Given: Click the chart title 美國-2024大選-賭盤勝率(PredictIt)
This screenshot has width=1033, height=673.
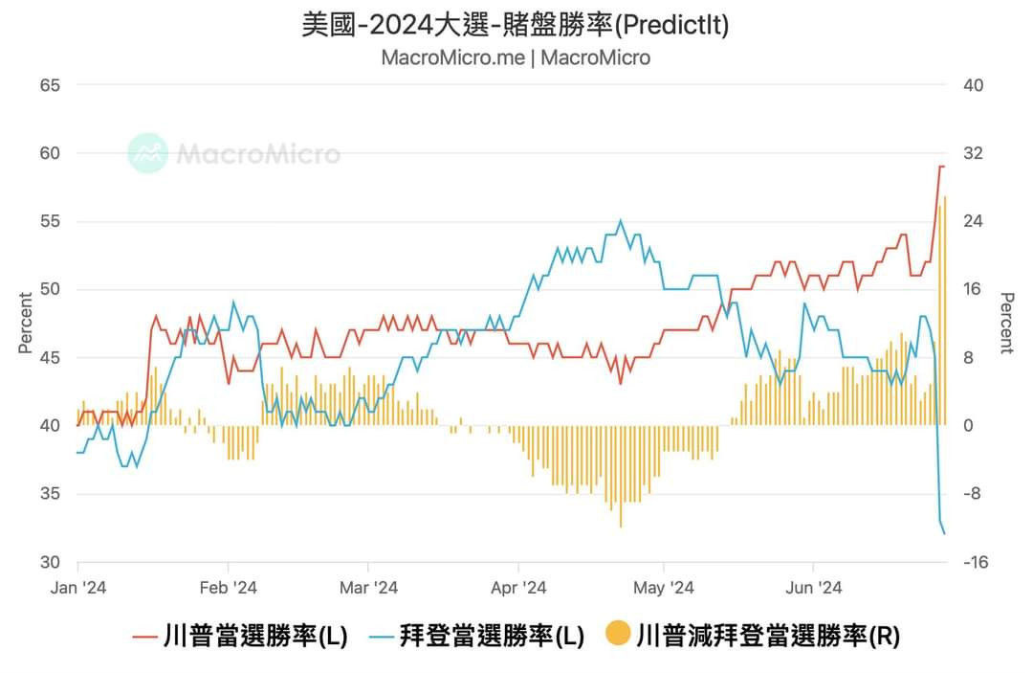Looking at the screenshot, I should click(516, 24).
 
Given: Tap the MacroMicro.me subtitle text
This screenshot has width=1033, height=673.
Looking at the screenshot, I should click(452, 57).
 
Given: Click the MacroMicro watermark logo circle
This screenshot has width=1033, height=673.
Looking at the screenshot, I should click(148, 153).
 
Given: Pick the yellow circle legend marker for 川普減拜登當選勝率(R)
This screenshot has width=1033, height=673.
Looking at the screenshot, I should click(618, 634).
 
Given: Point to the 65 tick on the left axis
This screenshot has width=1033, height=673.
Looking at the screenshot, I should click(50, 85).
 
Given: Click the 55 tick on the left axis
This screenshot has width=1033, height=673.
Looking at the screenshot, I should click(50, 221).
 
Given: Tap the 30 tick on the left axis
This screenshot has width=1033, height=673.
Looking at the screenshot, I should click(50, 562).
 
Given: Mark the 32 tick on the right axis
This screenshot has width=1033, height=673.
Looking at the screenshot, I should click(973, 153).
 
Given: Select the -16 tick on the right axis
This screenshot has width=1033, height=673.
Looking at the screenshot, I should click(975, 562).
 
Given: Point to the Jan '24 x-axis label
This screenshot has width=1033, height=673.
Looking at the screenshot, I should click(77, 588).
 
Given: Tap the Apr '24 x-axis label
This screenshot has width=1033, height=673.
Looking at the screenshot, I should click(517, 588).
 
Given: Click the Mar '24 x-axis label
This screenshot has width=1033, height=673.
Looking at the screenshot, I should click(368, 588).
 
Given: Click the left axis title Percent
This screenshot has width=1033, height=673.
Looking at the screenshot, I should click(26, 323).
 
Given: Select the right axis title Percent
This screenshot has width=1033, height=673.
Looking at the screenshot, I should click(1006, 323).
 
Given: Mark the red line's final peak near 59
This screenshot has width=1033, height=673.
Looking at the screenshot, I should click(941, 167).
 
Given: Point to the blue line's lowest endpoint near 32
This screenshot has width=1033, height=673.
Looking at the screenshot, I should click(945, 533).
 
